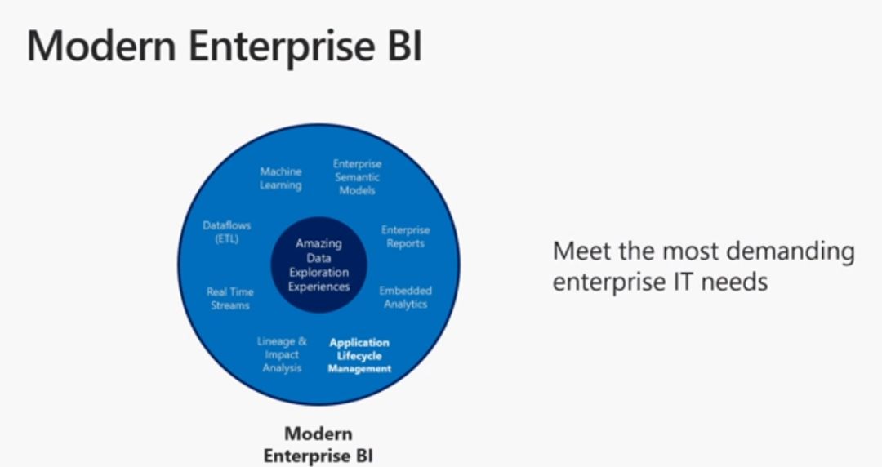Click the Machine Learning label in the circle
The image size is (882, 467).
pyautogui.click(x=281, y=178)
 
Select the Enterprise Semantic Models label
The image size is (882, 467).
pyautogui.click(x=357, y=176)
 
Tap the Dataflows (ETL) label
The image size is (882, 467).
pyautogui.click(x=226, y=232)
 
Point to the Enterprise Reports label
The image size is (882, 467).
pyautogui.click(x=405, y=237)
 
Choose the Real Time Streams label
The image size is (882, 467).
pyautogui.click(x=229, y=298)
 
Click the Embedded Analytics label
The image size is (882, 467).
pyautogui.click(x=405, y=297)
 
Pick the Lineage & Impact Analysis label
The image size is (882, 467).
pyautogui.click(x=282, y=354)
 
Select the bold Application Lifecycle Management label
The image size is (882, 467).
pyautogui.click(x=359, y=355)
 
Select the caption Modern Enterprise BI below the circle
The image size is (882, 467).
pyautogui.click(x=318, y=443)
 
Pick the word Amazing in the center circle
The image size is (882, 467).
pyautogui.click(x=318, y=243)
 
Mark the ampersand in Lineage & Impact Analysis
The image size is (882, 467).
pyautogui.click(x=302, y=340)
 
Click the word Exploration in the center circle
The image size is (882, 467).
pyautogui.click(x=318, y=273)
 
